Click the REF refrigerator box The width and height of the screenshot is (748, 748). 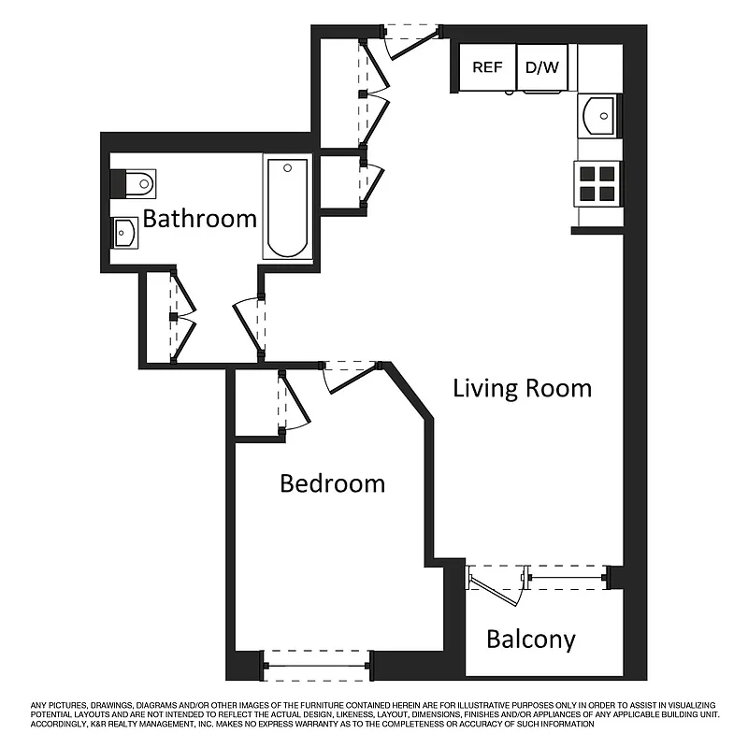coord(487,67)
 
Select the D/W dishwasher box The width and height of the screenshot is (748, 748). coord(541,67)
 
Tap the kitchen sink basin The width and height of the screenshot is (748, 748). coord(597,116)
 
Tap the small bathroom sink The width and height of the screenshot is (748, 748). coord(125,231)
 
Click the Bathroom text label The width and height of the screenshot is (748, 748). coord(199,219)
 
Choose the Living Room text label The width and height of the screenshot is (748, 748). coord(522,388)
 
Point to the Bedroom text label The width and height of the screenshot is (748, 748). coord(333,483)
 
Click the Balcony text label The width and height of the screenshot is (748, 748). coord(530,640)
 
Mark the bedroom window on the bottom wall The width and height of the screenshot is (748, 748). coord(317,665)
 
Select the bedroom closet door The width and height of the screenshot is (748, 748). coord(292,402)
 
